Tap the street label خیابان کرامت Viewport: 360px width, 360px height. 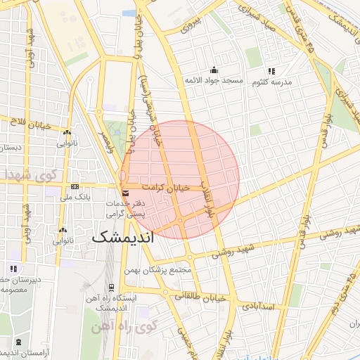coord(166,188)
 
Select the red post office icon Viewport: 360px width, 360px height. coord(125,192)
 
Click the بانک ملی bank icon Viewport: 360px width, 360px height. coord(75,186)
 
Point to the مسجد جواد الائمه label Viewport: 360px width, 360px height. coord(212,81)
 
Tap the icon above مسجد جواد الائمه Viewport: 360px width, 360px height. coord(214,70)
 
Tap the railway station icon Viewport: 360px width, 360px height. coord(111,287)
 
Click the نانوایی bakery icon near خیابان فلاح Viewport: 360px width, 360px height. coord(67,132)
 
